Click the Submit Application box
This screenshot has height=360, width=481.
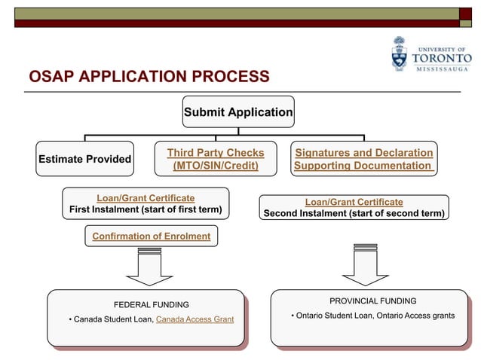click(x=238, y=112)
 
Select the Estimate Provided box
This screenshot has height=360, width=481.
click(x=84, y=159)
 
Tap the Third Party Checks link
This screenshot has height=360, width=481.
click(x=215, y=153)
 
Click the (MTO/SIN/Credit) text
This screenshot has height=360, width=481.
click(x=215, y=166)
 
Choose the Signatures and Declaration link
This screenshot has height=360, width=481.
click(x=363, y=153)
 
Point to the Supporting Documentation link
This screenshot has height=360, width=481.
click(x=363, y=166)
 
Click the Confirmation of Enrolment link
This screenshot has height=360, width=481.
click(x=151, y=236)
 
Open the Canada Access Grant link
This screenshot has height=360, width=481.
click(x=195, y=320)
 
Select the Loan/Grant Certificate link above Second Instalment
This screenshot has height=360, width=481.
click(x=354, y=202)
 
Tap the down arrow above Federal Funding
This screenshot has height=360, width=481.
click(x=149, y=267)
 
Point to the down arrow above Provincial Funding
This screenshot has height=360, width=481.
click(x=365, y=264)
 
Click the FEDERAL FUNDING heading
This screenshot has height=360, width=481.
click(x=151, y=305)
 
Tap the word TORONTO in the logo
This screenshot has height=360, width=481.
click(x=442, y=58)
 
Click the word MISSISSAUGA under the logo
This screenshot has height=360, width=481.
click(x=442, y=69)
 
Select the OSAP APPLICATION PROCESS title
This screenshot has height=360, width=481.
click(x=148, y=77)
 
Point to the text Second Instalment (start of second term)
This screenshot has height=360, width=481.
click(x=354, y=214)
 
